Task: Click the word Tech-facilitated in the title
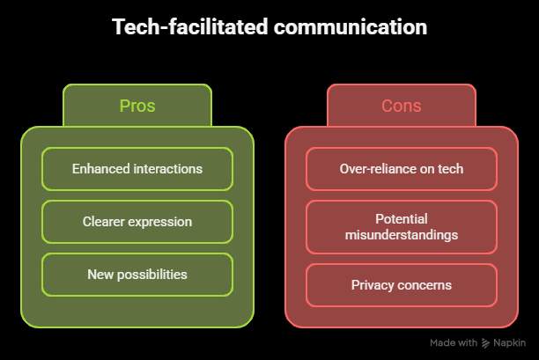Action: (190, 26)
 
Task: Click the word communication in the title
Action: (351, 26)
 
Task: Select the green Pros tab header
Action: (137, 106)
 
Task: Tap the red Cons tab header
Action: (402, 106)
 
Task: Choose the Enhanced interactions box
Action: (137, 169)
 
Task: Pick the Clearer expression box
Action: (137, 222)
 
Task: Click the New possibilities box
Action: (137, 275)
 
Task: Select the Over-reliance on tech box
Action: (402, 169)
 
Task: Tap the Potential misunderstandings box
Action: (402, 227)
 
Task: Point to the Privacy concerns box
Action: (402, 285)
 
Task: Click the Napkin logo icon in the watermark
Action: (485, 342)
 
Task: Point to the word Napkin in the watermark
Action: (509, 342)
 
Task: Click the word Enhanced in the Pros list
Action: (101, 169)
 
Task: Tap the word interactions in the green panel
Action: (167, 169)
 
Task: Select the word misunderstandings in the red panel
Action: (402, 235)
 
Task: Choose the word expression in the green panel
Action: (159, 223)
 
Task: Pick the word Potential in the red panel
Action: (402, 219)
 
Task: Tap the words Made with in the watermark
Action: (454, 342)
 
